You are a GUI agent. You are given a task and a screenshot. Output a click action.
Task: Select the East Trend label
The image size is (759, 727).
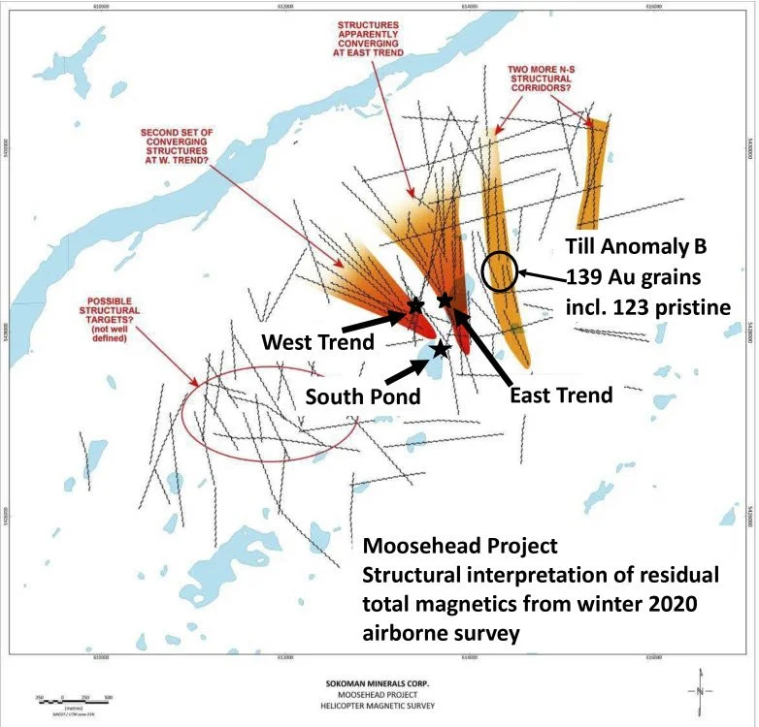click(x=562, y=395)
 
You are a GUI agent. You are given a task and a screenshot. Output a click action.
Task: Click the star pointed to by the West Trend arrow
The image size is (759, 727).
click(x=415, y=304)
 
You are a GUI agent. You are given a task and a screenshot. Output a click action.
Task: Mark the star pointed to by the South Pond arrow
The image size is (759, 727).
click(x=440, y=348)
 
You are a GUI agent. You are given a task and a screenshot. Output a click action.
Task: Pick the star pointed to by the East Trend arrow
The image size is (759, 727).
click(x=445, y=300)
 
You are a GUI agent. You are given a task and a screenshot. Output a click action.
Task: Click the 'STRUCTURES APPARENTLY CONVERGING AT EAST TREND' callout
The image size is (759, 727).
click(x=371, y=39)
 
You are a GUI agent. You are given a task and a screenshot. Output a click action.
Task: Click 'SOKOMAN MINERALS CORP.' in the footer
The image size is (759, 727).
click(x=379, y=682)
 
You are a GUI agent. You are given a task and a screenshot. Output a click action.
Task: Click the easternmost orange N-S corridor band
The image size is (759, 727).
click(x=593, y=174)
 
